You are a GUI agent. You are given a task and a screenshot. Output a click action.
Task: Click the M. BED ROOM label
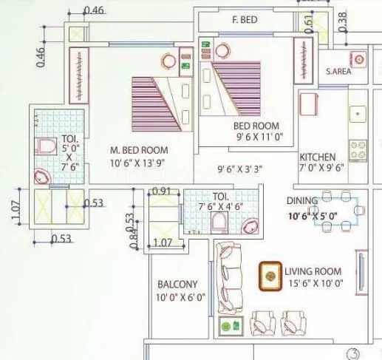pyautogui.click(x=139, y=150)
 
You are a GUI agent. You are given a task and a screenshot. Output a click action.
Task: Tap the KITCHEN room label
pyautogui.click(x=318, y=157)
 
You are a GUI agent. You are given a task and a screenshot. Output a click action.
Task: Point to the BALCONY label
pyautogui.click(x=177, y=285)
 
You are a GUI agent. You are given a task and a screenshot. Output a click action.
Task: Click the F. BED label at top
pyautogui.click(x=245, y=20)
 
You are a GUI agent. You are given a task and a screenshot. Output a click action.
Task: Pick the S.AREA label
pyautogui.click(x=338, y=72)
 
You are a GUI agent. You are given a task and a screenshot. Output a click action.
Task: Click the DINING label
pyautogui.click(x=302, y=200)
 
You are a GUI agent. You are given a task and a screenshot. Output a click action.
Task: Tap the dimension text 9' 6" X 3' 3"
pyautogui.click(x=240, y=169)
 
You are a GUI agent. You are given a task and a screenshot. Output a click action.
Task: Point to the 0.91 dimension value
pyautogui.click(x=160, y=191)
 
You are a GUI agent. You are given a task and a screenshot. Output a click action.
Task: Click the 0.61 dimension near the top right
pyautogui.click(x=308, y=24)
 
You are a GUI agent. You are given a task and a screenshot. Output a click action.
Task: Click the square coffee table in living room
pyautogui.click(x=270, y=276)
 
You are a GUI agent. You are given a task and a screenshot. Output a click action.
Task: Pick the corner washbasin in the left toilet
pyautogui.click(x=42, y=176)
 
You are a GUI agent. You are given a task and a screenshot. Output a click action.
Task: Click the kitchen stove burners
pyautogui.click(x=358, y=151)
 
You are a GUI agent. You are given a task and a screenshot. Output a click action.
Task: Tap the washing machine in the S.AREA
pyautogui.click(x=358, y=58)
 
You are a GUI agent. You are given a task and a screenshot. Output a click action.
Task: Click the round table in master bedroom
pyautogui.click(x=169, y=62)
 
